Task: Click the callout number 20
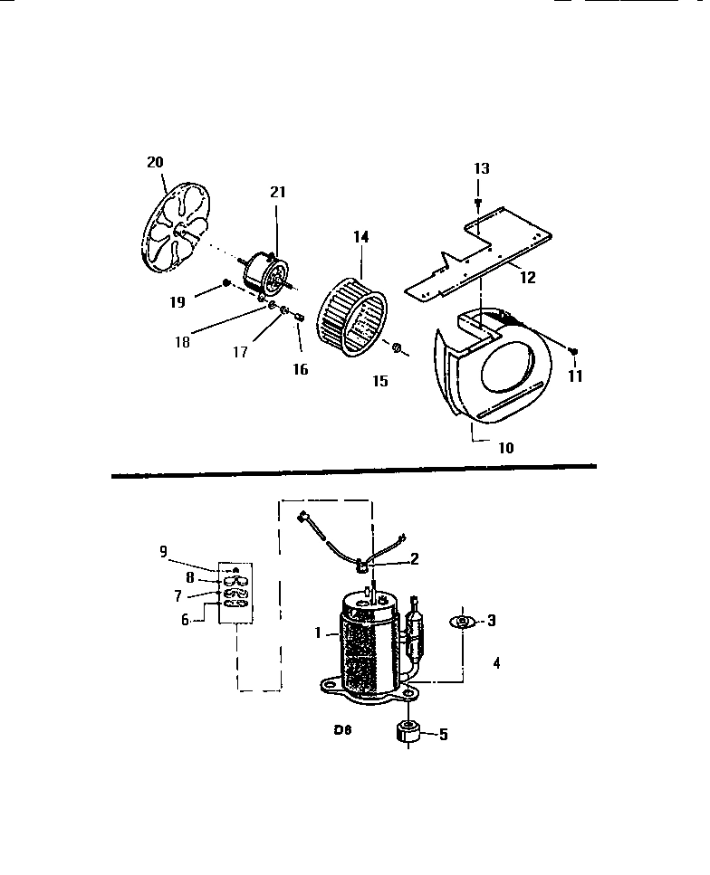(155, 162)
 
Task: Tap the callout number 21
(277, 192)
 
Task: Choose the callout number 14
(361, 237)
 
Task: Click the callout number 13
(481, 168)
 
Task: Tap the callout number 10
(504, 448)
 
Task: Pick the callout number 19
(177, 303)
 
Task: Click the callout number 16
(300, 369)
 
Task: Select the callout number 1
(318, 634)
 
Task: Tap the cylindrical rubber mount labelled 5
(408, 733)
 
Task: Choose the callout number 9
(163, 550)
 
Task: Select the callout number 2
(414, 558)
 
